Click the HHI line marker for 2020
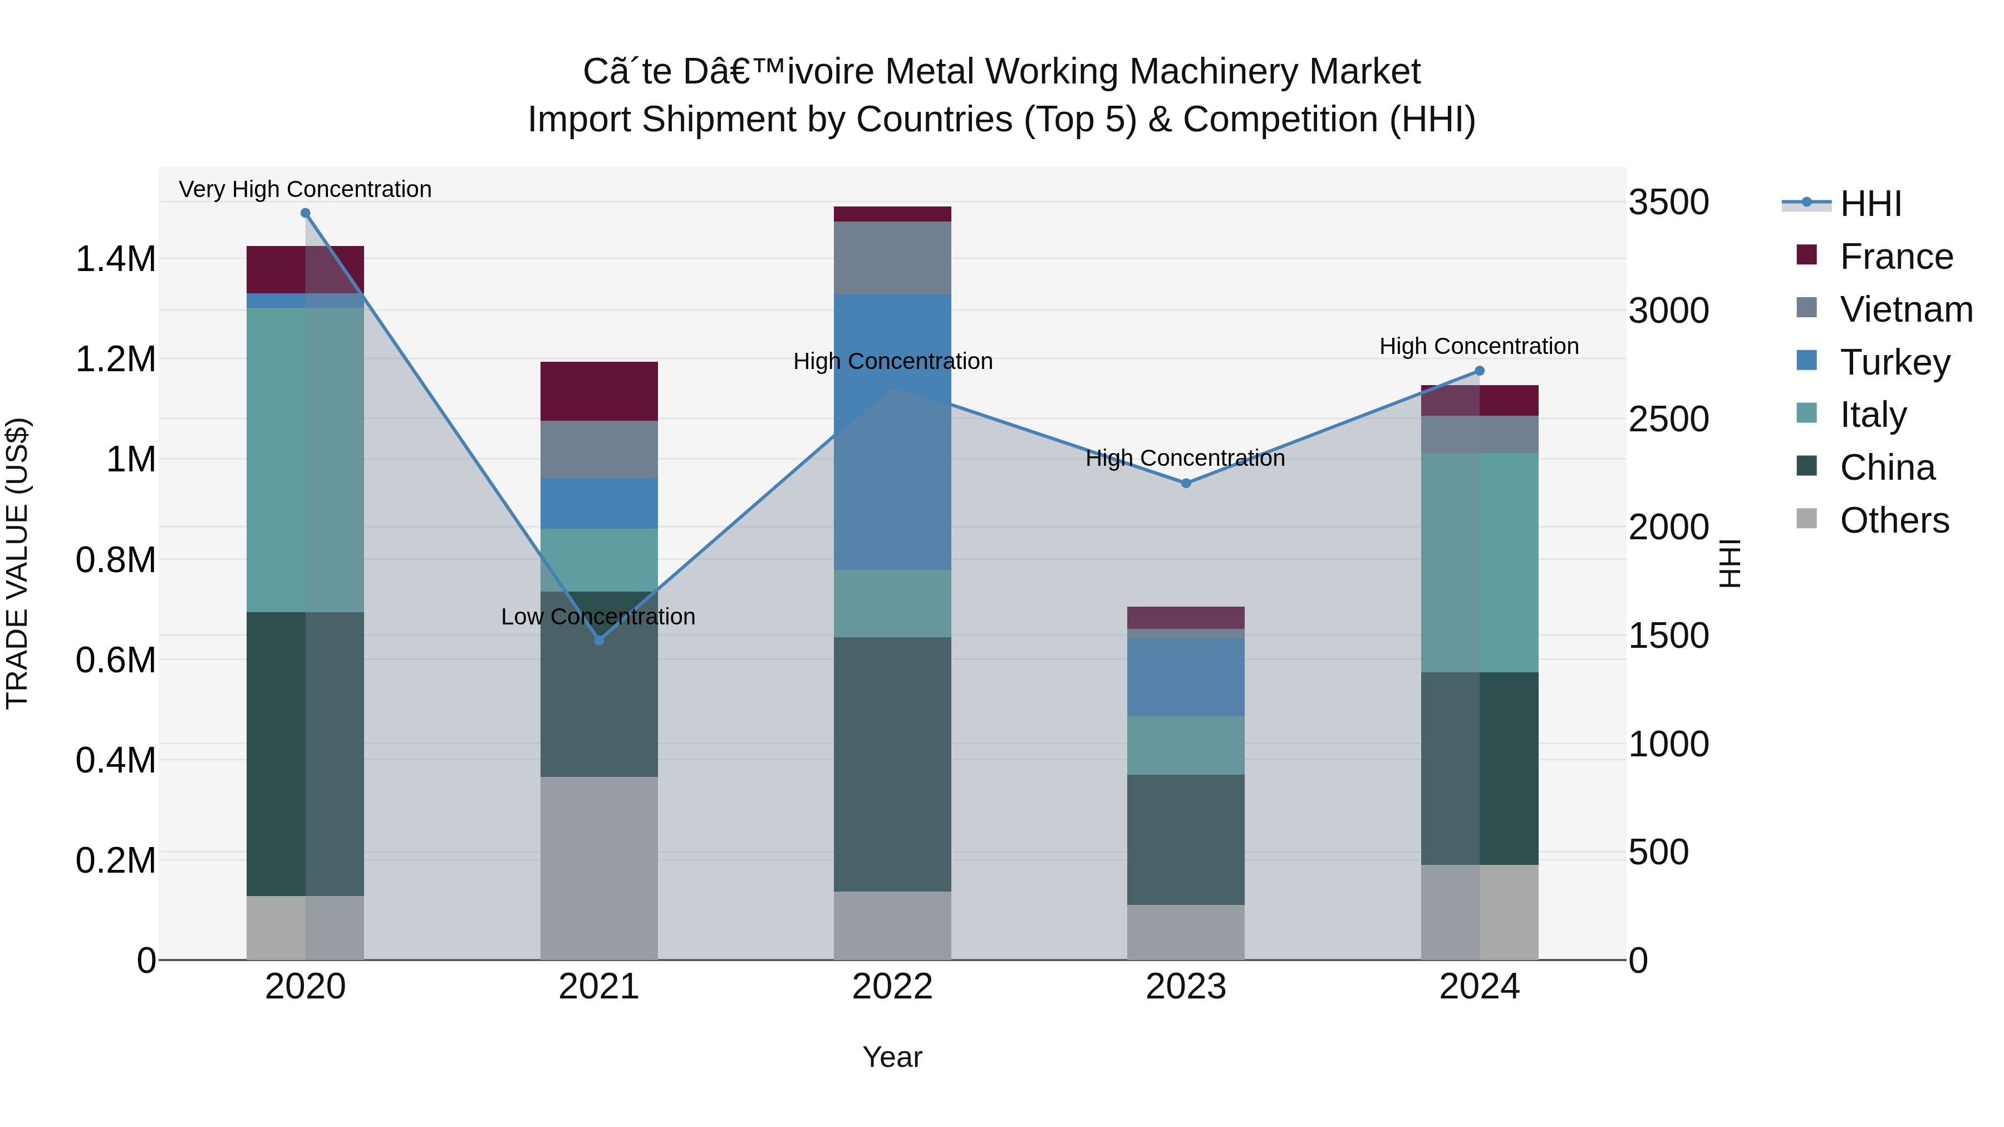point(305,213)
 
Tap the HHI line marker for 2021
point(599,640)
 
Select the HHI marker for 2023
point(1186,483)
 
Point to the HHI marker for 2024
point(1480,371)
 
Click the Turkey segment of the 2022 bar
point(892,432)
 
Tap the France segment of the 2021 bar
point(599,391)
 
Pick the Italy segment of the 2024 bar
point(1480,562)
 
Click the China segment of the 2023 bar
point(1186,839)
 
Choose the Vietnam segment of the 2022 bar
point(892,258)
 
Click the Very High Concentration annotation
point(305,189)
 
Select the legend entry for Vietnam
point(1905,309)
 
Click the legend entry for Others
point(1894,520)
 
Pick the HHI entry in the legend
point(1870,204)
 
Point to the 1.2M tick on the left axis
point(116,360)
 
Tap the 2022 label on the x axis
point(892,986)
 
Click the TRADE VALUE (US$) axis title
point(17,563)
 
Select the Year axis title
point(892,1057)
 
